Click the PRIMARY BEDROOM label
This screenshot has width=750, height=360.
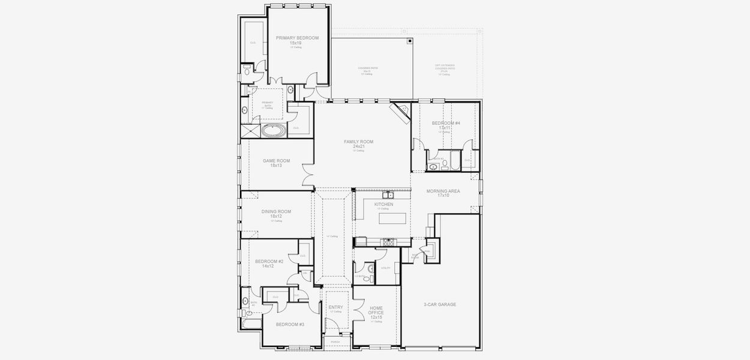click(x=298, y=38)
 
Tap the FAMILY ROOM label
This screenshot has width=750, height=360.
click(x=359, y=142)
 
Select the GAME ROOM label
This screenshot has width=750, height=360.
click(x=277, y=161)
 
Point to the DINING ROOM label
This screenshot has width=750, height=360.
click(x=276, y=211)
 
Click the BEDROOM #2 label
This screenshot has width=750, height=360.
click(x=269, y=261)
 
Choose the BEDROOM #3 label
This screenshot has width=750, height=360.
click(x=290, y=325)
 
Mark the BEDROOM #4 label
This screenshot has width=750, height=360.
click(x=446, y=123)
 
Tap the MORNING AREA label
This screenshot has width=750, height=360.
click(x=443, y=191)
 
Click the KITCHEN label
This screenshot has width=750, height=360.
click(x=384, y=204)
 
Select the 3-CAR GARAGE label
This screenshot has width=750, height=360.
click(x=440, y=305)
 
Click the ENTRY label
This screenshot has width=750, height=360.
click(x=336, y=307)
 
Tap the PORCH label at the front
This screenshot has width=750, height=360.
click(x=335, y=342)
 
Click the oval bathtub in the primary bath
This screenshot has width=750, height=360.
click(x=275, y=130)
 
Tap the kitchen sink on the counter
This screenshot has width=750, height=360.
click(x=388, y=194)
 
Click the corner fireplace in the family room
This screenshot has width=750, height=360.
click(x=399, y=112)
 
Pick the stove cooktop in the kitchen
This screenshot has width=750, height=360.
click(x=389, y=242)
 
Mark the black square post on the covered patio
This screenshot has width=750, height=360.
click(x=410, y=41)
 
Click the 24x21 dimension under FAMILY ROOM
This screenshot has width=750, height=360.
click(x=359, y=146)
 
